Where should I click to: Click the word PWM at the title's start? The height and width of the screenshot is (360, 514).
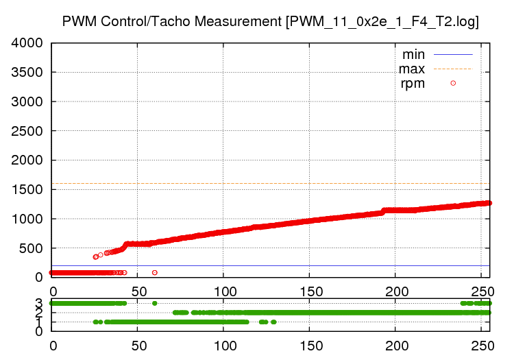coord(77,21)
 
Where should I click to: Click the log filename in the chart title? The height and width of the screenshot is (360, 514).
coord(383,21)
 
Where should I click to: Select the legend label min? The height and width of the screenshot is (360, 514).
coord(413,54)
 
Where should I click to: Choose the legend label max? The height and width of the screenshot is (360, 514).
coord(412,69)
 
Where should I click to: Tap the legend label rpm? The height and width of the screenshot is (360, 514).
coord(413,84)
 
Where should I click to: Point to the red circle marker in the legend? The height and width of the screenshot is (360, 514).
coord(453,84)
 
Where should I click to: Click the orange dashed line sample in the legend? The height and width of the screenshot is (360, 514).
coord(452,69)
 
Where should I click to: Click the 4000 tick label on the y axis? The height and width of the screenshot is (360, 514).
coord(27,43)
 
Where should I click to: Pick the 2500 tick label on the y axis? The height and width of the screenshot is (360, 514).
coord(27,131)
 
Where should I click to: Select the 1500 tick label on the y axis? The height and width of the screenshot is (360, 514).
coord(27,190)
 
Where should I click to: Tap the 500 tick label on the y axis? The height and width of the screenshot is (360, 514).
coord(32,248)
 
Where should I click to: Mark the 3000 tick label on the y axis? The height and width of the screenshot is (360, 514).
coord(27,101)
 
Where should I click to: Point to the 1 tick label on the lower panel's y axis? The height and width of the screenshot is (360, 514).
coord(39,322)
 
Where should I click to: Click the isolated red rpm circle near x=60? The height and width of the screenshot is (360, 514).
coord(155,272)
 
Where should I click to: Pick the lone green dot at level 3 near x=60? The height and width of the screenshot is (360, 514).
coord(155,303)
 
